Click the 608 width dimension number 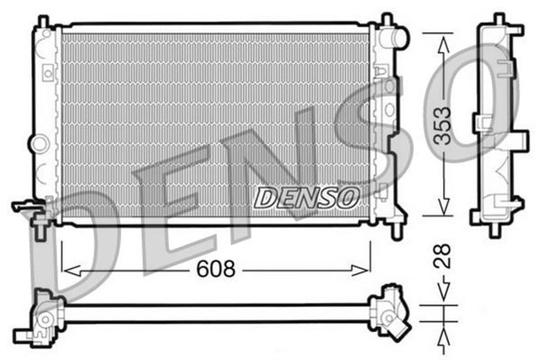click(x=216, y=270)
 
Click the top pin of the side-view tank click(x=499, y=19)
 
